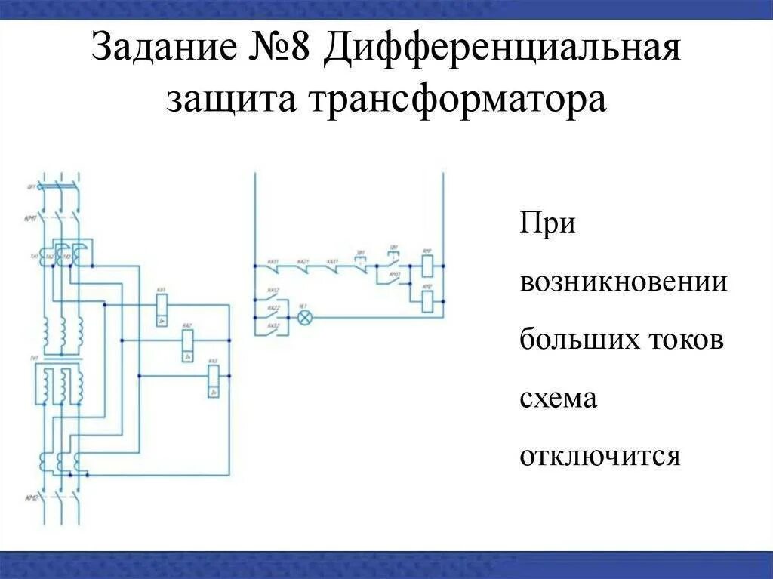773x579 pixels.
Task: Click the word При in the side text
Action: [x=547, y=226]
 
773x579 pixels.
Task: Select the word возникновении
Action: [x=623, y=283]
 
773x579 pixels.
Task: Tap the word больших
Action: [x=580, y=340]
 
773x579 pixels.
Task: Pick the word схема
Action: [x=558, y=399]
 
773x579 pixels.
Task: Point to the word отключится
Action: [x=600, y=456]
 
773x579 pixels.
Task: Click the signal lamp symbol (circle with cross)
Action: [x=304, y=317]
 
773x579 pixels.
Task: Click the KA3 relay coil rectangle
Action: [x=214, y=375]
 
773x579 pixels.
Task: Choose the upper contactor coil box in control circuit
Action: [x=427, y=265]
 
